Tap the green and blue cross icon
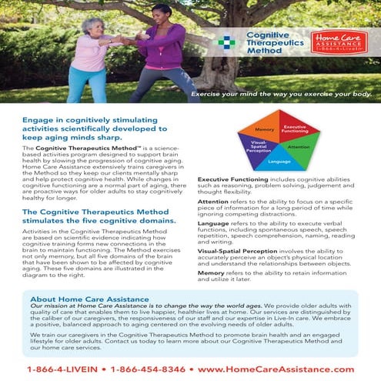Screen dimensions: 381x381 click(x=227, y=42)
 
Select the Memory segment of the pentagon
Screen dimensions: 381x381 click(x=265, y=130)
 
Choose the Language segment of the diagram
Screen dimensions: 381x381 click(x=279, y=162)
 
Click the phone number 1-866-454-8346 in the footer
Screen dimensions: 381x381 click(x=150, y=369)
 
